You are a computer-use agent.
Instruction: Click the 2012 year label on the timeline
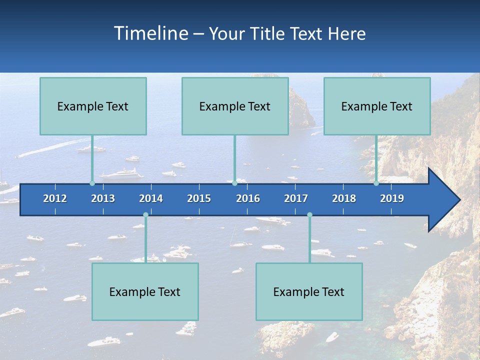click(55, 198)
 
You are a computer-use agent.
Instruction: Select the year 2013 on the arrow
click(103, 198)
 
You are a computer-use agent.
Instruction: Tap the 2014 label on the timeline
click(151, 198)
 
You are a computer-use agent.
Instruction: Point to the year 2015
click(199, 198)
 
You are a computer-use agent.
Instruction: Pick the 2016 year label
click(248, 198)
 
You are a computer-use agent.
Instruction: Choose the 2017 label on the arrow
click(296, 198)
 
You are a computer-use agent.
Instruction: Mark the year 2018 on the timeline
click(344, 198)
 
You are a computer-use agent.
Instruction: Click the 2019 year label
click(392, 198)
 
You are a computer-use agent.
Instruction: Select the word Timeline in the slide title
click(151, 33)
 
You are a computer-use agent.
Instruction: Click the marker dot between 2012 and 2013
click(92, 183)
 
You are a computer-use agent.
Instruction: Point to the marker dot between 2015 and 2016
click(234, 183)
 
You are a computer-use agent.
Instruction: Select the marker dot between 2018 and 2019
click(376, 183)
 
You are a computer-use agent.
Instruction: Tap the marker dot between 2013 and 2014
click(145, 215)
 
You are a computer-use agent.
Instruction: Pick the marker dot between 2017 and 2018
click(309, 215)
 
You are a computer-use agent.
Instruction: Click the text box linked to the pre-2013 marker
click(93, 106)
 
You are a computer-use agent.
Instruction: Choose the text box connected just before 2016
click(235, 106)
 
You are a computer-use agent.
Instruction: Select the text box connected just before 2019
click(377, 106)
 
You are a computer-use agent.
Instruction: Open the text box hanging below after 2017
click(309, 291)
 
